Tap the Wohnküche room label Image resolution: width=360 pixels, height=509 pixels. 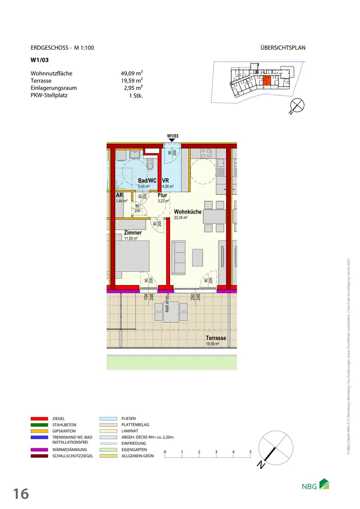tap(187, 212)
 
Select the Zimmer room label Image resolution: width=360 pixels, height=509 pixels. tap(133, 233)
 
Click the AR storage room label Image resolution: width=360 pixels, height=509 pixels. tap(119, 196)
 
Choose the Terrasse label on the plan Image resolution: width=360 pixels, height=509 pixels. tap(216, 338)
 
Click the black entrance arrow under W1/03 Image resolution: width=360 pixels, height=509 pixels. tap(173, 141)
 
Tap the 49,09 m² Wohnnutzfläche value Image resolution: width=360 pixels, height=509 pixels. tap(128, 74)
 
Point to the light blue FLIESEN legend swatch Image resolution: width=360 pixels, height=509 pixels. tap(108, 419)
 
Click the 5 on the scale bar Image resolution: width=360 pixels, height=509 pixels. tap(250, 452)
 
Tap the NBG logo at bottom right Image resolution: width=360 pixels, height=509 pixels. tap(315, 486)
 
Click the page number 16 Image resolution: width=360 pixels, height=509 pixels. tap(21, 494)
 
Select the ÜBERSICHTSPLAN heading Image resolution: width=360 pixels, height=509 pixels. tap(282, 48)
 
